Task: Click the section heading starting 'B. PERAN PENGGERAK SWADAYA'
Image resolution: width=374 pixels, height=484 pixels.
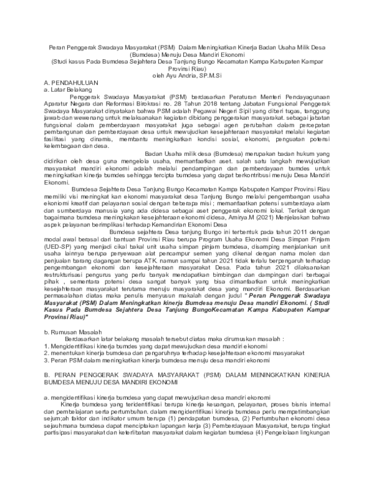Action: pos(186,378)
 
